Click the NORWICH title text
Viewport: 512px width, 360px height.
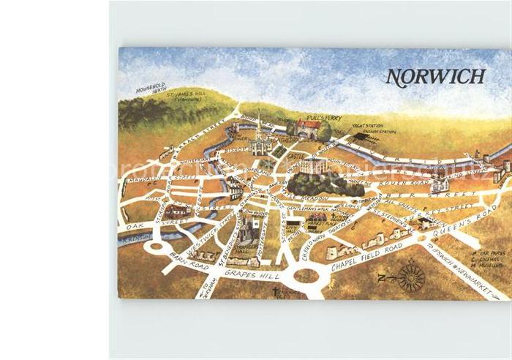pyautogui.click(x=435, y=76)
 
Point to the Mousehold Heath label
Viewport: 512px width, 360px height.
pyautogui.click(x=151, y=89)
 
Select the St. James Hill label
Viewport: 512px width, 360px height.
pyautogui.click(x=188, y=97)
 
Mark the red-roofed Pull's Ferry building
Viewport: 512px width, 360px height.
pyautogui.click(x=309, y=130)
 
